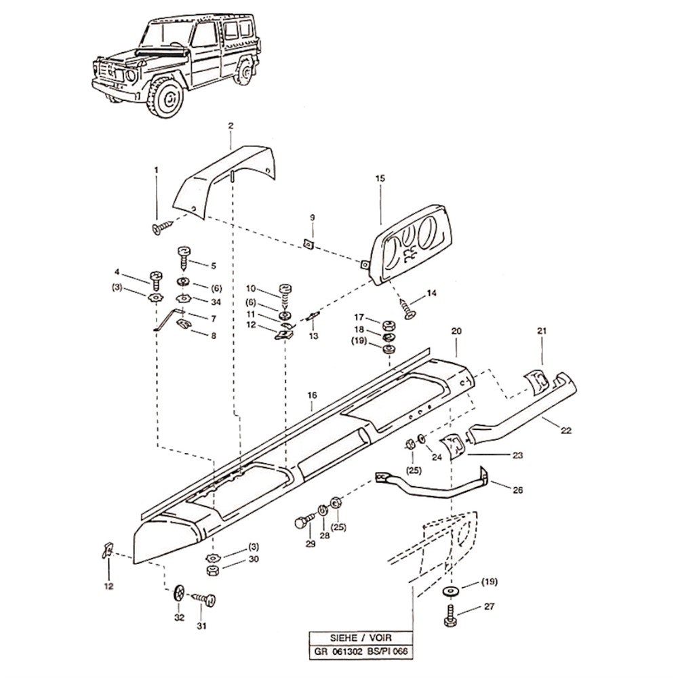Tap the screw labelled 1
click(x=161, y=227)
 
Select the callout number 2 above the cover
click(x=231, y=126)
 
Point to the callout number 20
click(x=456, y=332)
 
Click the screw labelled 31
click(x=205, y=599)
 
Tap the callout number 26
click(x=518, y=490)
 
